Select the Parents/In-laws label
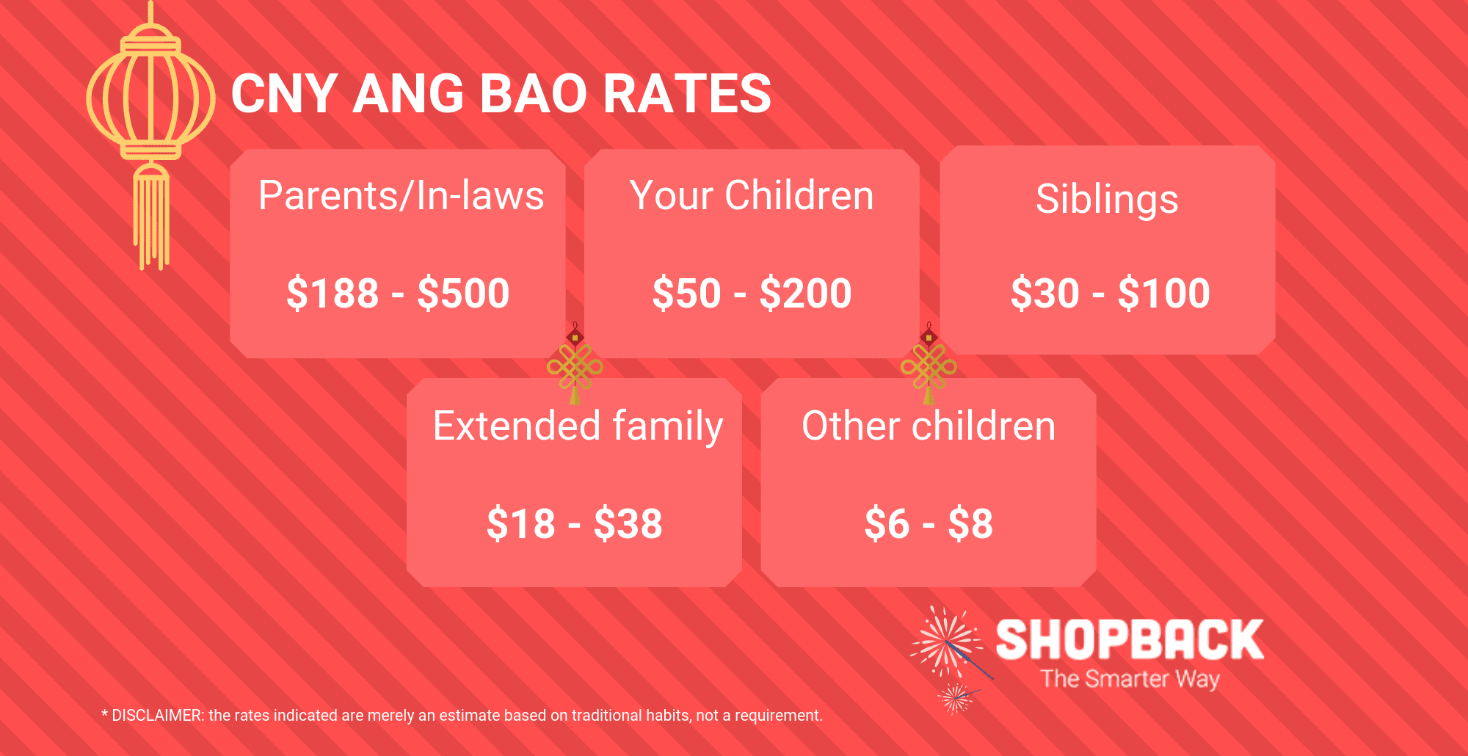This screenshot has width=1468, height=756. pyautogui.click(x=401, y=196)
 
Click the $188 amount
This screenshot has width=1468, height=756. pyautogui.click(x=333, y=293)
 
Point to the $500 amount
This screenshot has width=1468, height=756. pyautogui.click(x=463, y=293)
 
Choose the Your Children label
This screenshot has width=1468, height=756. pyautogui.click(x=752, y=196)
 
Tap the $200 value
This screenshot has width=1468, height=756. pyautogui.click(x=805, y=293)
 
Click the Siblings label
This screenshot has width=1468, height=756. pyautogui.click(x=1107, y=200)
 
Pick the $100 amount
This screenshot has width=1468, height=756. pyautogui.click(x=1164, y=293)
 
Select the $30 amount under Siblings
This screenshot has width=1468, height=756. pyautogui.click(x=1045, y=293)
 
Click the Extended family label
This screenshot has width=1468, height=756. pyautogui.click(x=578, y=426)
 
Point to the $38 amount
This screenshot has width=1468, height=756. pyautogui.click(x=628, y=523)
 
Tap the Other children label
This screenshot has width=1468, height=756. pyautogui.click(x=929, y=426)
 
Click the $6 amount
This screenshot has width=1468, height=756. pyautogui.click(x=887, y=523)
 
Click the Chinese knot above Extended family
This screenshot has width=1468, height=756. pyautogui.click(x=575, y=364)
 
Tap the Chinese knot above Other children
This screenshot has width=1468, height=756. pyautogui.click(x=929, y=364)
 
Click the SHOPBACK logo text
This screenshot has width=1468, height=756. pyautogui.click(x=1130, y=639)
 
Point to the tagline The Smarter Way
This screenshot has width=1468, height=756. pyautogui.click(x=1130, y=679)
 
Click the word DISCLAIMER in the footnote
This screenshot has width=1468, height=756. pyautogui.click(x=157, y=716)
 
